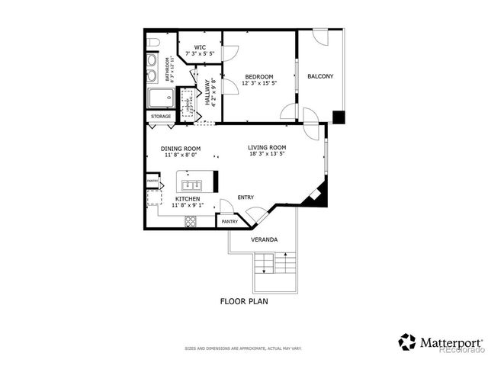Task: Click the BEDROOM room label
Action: point(259,76)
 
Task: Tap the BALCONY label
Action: point(320,76)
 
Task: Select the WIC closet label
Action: point(200,46)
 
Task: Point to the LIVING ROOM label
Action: point(267,147)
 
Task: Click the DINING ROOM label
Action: point(181,149)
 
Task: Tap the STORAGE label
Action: point(160,116)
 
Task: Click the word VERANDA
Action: point(265,239)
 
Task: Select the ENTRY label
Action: point(246,197)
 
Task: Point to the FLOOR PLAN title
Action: point(244,301)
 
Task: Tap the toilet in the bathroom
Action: point(152,42)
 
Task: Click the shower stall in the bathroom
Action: point(161,98)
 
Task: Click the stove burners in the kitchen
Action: point(190,221)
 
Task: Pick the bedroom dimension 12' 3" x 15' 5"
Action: point(259,83)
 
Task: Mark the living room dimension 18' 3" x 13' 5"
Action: point(267,154)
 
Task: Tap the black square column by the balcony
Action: point(339,117)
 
